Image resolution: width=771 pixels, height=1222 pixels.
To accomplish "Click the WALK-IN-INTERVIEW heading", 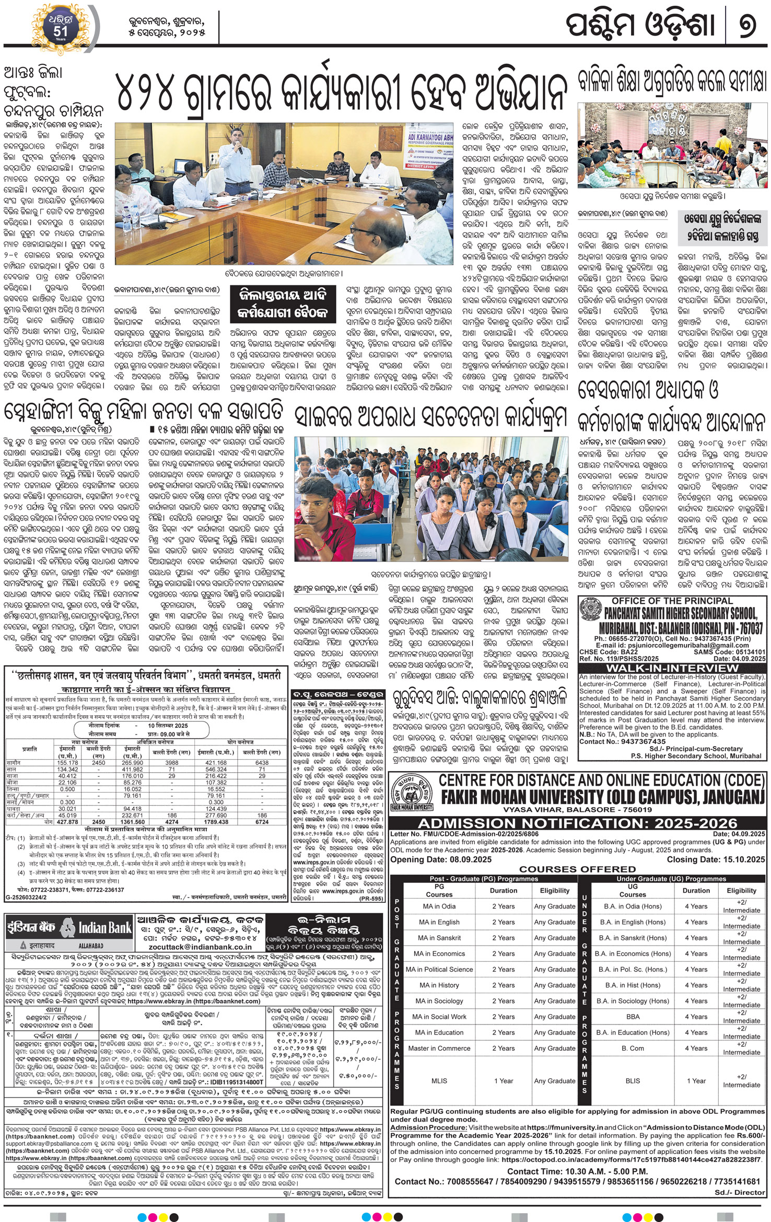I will pyautogui.click(x=672, y=668).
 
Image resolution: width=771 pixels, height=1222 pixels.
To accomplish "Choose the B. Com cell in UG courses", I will pyautogui.click(x=633, y=1049).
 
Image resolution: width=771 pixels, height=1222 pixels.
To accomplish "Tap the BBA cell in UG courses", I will pyautogui.click(x=633, y=1017).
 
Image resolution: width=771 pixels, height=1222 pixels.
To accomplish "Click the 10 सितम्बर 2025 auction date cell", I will pyautogui.click(x=167, y=726).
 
